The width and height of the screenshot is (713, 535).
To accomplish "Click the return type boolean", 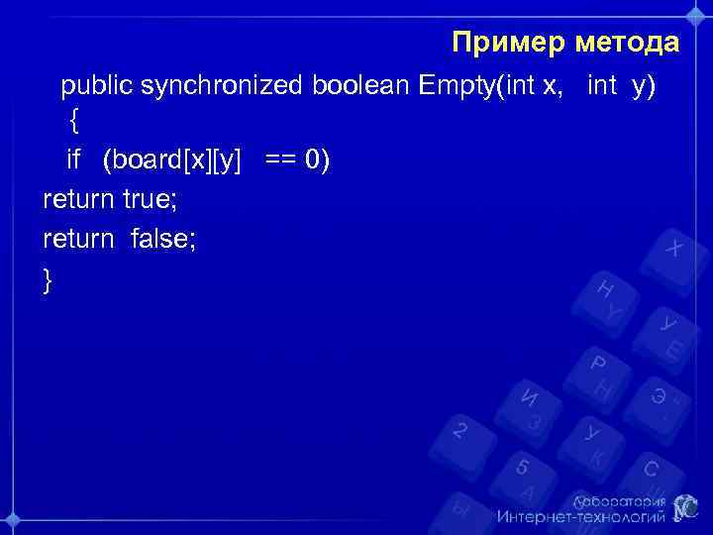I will pos(360,86).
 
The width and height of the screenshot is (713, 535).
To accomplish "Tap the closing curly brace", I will pos(48,280).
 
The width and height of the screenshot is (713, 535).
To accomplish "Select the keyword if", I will pos(72,160).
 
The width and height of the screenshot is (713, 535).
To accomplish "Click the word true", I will pos(150,199).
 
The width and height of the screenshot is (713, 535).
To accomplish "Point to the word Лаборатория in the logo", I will pos(619,501).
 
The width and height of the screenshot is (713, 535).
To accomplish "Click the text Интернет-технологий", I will pos(581,517).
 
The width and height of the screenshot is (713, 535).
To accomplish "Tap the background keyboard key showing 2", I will pos(459,432).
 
